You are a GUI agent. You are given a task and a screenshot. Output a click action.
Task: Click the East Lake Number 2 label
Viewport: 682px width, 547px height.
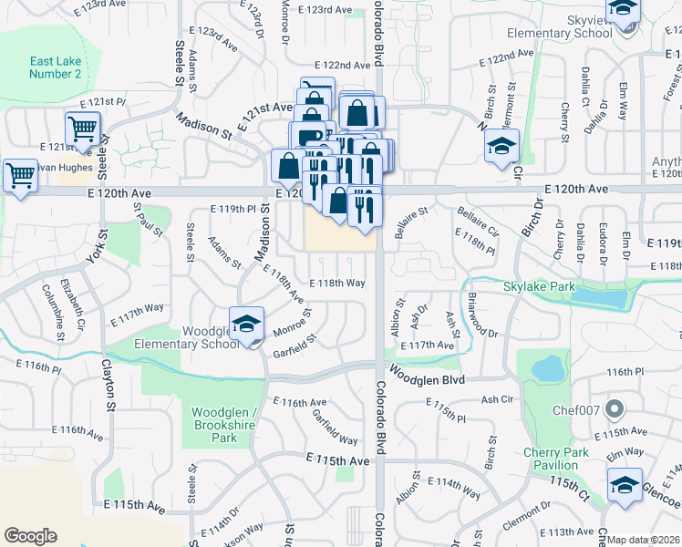coord(55,67)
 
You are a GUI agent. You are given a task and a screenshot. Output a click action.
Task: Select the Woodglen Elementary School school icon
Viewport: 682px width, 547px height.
coord(245,325)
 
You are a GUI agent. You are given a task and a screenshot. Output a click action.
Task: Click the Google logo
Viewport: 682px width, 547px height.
coord(30,535)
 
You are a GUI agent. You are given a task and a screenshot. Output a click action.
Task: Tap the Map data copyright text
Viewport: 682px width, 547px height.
coord(644,540)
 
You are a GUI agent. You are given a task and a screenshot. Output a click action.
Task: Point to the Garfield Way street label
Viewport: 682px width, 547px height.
coord(335,425)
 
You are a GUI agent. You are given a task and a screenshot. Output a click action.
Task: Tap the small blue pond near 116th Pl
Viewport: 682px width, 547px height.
coord(547,368)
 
